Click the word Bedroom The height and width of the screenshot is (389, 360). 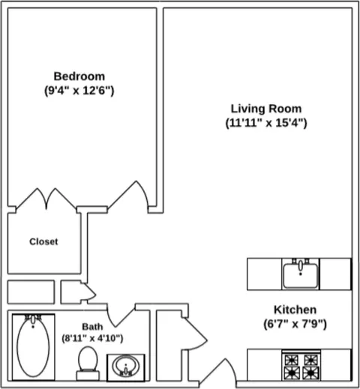click(79, 76)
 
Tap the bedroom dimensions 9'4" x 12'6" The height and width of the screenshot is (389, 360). click(79, 91)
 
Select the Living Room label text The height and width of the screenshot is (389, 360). click(266, 109)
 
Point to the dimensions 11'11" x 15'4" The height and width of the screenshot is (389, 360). click(266, 123)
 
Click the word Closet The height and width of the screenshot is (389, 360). click(43, 241)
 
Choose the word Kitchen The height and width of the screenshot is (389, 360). click(295, 310)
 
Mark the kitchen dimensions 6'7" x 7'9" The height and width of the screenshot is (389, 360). click(295, 324)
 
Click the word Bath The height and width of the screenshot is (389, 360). click(92, 327)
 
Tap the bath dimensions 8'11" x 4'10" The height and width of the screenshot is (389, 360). click(92, 338)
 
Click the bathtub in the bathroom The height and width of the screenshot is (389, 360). click(33, 347)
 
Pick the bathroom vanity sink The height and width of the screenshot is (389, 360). click(126, 367)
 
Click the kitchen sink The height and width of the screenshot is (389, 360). click(301, 274)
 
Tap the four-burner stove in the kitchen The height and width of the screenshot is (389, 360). click(301, 366)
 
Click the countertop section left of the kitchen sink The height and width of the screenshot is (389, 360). click(265, 274)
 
